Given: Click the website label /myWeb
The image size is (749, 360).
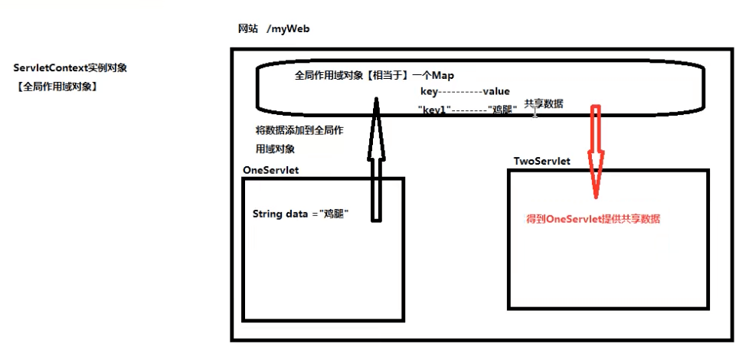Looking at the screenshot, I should coord(288,29).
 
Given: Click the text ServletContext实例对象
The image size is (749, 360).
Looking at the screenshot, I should coord(70,68).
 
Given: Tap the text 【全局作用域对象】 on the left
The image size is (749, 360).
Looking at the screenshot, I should coord(56,87).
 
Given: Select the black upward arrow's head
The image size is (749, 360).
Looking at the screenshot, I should coord(376,114).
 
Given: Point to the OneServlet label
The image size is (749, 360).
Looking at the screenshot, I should coord(270,169).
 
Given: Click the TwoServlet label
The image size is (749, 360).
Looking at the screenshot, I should coord(542,162).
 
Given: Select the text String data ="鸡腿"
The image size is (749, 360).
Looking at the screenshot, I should coord(301,214).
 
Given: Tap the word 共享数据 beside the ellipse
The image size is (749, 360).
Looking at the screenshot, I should coord(544,103).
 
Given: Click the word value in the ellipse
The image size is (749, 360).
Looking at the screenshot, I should coord(496,91).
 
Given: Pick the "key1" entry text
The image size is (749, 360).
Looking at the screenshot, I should coord(433,110).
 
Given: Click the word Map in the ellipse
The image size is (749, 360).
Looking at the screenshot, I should coord(443,76).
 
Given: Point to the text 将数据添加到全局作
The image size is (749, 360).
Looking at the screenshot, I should coord(299,130).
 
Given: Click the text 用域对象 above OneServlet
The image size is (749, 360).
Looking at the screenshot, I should coord(275,149).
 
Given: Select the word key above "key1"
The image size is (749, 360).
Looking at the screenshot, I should coord(429,91).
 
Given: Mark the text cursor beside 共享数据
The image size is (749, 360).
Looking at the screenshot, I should coord(535,113).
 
